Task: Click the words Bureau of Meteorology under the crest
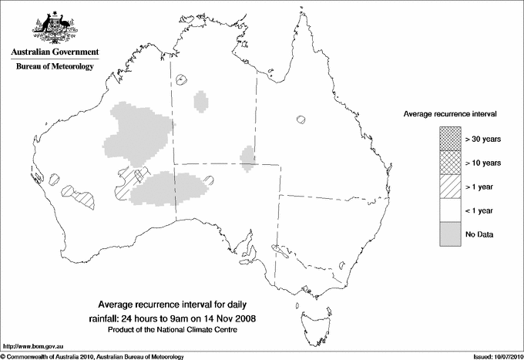click(55, 67)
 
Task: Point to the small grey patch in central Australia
click(247, 156)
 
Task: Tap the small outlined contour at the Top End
click(183, 79)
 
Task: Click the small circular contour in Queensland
click(301, 120)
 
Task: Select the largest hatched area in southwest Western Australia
click(84, 199)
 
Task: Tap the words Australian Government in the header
click(55, 52)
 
